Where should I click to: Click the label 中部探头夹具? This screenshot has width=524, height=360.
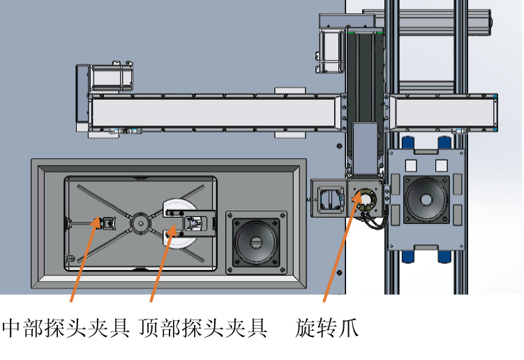coord(66,328)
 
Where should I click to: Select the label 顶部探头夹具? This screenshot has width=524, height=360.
coord(203,328)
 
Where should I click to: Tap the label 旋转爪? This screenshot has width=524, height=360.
coord(327,328)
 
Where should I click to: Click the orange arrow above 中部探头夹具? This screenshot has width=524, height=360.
coord(85,260)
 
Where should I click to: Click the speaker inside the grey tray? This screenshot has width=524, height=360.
coord(256,243)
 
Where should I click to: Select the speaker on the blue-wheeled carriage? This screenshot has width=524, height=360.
coord(426,200)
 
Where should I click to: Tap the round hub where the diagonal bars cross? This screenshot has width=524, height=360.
coord(141,223)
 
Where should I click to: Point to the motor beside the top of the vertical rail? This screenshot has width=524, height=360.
coord(331,50)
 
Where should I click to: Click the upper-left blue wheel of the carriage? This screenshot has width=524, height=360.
coord(408,142)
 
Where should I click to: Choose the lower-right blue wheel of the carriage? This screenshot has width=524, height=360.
coord(444,256)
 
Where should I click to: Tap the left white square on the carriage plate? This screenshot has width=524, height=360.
coord(411,165)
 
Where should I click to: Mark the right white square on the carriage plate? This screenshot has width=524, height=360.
coord(442,165)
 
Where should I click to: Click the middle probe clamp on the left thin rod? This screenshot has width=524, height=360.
coord(107,223)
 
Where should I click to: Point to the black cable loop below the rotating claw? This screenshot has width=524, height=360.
coord(373,223)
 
